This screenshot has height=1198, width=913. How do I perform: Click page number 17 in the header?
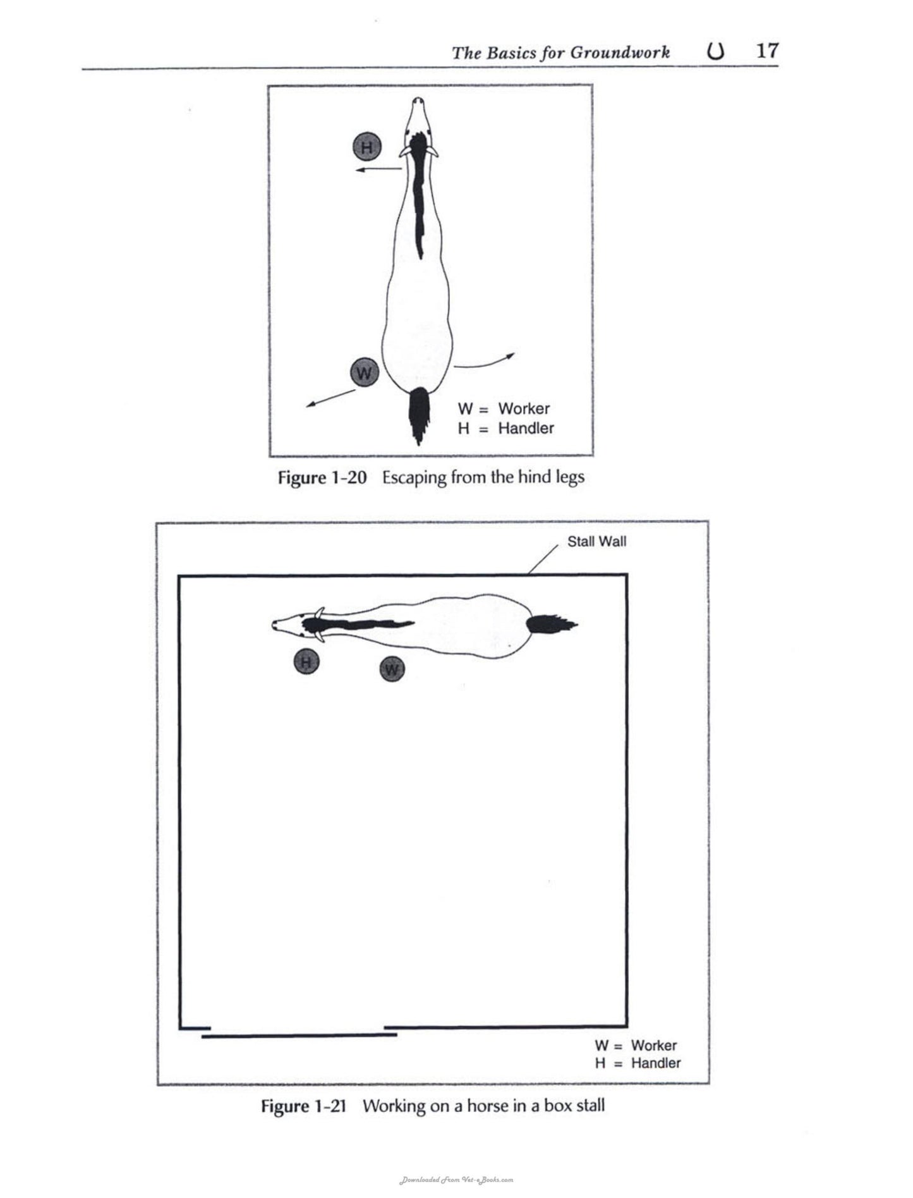[x=768, y=51]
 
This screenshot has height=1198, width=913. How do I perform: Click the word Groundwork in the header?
[x=620, y=52]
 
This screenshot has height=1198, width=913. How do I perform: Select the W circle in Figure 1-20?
[x=364, y=372]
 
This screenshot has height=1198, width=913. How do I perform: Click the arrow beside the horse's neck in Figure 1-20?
[x=378, y=169]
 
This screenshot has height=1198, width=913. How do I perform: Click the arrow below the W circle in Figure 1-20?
[x=331, y=398]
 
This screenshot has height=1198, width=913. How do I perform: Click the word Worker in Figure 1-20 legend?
[x=523, y=408]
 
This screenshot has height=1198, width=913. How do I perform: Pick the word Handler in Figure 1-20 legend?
[x=526, y=428]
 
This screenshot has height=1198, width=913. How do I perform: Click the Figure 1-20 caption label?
[x=322, y=477]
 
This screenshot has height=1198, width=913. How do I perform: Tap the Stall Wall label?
[x=597, y=541]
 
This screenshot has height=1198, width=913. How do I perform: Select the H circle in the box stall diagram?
[x=306, y=662]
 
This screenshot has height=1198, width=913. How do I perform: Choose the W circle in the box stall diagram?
[x=392, y=669]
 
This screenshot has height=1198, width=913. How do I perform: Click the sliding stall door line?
[x=299, y=1036]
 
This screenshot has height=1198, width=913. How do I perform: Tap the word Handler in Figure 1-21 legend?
[x=656, y=1063]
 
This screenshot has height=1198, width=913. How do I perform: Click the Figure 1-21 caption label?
[x=304, y=1106]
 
